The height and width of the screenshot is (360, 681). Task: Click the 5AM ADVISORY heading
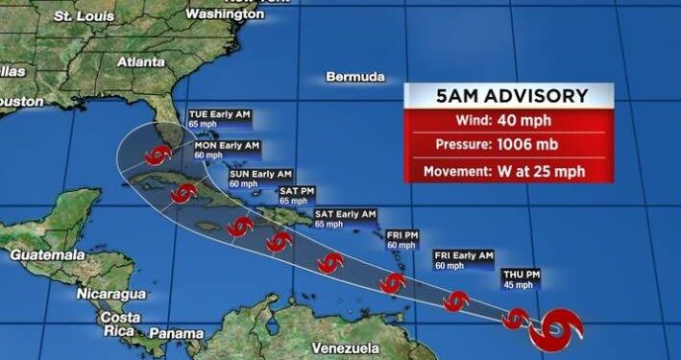[x=508, y=97]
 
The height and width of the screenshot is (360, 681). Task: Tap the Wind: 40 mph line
[x=508, y=121]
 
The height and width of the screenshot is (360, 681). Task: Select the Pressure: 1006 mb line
[x=508, y=146]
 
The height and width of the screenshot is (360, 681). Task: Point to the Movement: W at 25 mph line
[x=508, y=172]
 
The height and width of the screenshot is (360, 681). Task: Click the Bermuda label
[x=354, y=77]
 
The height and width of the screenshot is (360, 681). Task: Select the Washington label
[x=224, y=14]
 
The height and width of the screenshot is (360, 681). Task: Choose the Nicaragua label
[x=110, y=293]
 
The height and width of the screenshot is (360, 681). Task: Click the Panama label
[x=176, y=332]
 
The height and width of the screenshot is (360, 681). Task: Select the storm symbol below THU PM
[x=517, y=317]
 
